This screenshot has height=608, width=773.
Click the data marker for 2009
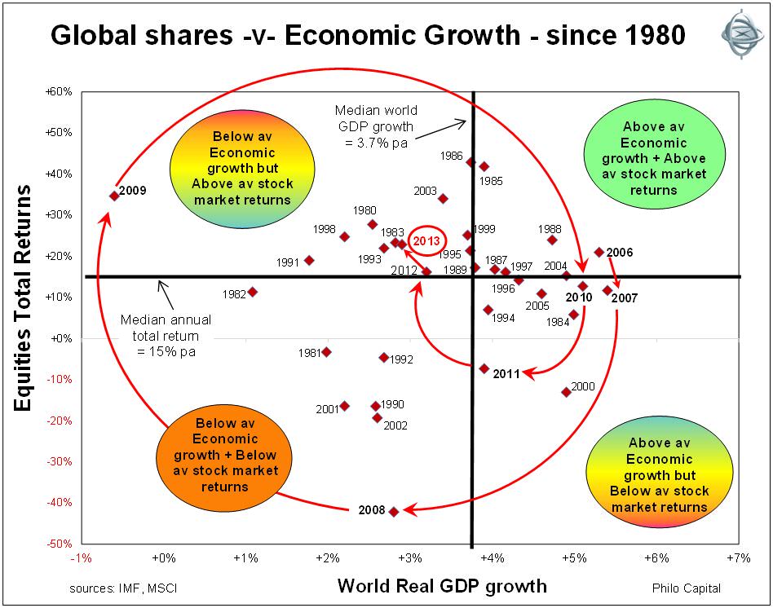(114, 196)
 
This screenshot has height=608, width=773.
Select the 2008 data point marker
(394, 512)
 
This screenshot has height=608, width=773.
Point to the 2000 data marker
(566, 392)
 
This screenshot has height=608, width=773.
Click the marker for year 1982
(253, 292)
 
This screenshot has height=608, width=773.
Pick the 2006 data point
(599, 253)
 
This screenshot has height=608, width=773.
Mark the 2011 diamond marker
(484, 368)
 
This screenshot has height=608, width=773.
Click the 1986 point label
(451, 155)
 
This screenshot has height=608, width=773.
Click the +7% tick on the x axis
(739, 557)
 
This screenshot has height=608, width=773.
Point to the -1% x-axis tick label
(81, 557)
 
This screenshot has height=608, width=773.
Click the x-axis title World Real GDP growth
(442, 586)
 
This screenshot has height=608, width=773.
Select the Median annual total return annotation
(161, 336)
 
